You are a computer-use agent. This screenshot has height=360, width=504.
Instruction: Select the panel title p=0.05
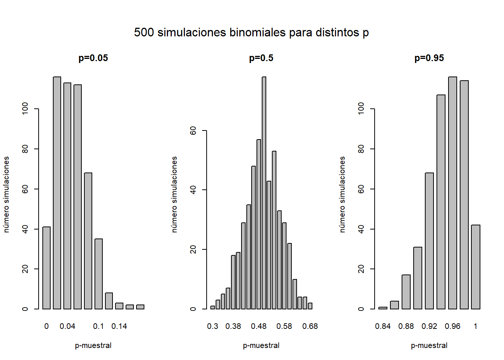(x=93, y=58)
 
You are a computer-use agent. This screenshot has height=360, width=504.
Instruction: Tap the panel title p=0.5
(x=261, y=58)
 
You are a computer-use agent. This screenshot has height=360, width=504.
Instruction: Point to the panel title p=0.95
(x=429, y=58)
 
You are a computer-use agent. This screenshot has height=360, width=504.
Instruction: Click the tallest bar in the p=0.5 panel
(x=264, y=193)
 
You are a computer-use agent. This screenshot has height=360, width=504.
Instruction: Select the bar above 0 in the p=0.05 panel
(x=46, y=268)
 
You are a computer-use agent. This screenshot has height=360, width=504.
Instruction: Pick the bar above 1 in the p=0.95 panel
(x=475, y=267)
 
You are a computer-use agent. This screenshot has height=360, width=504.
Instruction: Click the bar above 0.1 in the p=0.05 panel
(x=99, y=274)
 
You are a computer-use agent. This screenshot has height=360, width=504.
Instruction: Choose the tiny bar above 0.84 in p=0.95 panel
(x=383, y=308)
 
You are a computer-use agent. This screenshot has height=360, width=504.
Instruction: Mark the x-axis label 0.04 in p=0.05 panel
(x=67, y=326)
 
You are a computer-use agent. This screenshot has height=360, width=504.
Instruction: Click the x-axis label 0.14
(x=119, y=326)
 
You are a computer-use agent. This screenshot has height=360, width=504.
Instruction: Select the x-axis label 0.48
(x=259, y=326)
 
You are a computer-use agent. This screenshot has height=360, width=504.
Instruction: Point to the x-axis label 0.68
(x=310, y=326)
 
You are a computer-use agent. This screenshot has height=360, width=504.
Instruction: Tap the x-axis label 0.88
(x=406, y=326)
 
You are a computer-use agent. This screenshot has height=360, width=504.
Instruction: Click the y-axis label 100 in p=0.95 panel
(x=361, y=109)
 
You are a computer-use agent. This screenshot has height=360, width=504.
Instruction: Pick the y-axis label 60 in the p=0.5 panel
(x=193, y=130)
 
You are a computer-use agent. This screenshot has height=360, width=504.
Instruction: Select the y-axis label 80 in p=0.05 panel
(x=25, y=149)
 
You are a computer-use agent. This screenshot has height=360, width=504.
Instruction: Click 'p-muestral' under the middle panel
(x=261, y=345)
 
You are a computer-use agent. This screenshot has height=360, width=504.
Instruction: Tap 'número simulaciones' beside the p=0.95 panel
(x=342, y=194)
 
